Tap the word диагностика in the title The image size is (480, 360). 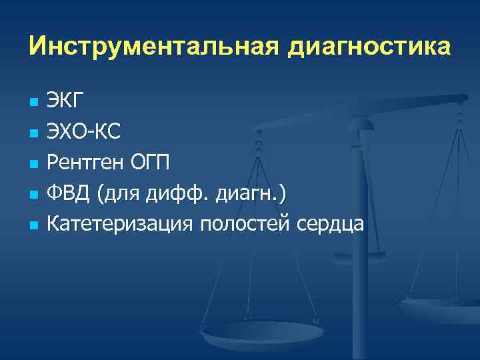click(369, 47)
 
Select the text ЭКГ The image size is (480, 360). click(65, 102)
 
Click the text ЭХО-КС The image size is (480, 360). click(83, 133)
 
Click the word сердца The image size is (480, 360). click(331, 225)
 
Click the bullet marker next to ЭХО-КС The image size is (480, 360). click(31, 134)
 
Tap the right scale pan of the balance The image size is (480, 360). click(441, 308)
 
